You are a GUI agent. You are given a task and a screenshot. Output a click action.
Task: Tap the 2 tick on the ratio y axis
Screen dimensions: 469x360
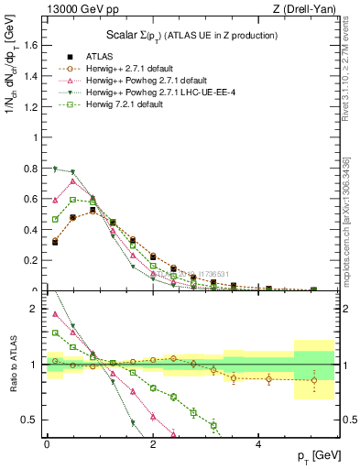(35, 309)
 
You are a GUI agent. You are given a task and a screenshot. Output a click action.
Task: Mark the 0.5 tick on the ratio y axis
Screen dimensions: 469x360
(31, 420)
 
